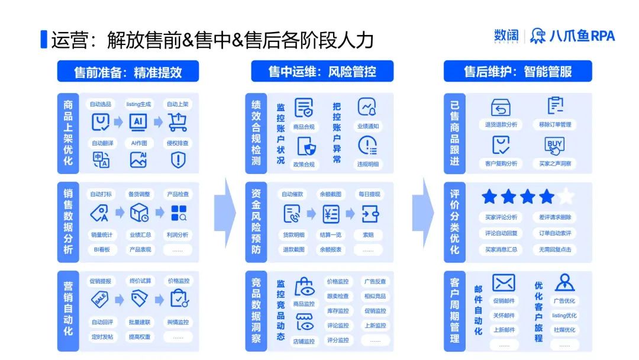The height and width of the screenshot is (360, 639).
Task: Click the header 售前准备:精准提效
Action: pos(128,72)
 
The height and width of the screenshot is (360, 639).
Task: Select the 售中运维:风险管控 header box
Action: pos(322,72)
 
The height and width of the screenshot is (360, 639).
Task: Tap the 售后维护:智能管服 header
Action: pos(518,72)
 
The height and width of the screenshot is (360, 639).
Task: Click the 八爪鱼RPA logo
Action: pos(572,36)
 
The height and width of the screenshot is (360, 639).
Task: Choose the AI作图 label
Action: pos(138,143)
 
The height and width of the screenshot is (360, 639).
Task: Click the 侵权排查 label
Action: pos(177,143)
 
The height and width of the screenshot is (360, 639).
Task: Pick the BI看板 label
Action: pos(102,249)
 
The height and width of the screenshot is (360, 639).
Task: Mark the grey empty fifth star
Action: pos(566,197)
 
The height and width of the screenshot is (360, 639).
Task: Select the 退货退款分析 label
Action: pos(501,124)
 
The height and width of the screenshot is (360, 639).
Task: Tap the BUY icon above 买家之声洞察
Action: pos(554,144)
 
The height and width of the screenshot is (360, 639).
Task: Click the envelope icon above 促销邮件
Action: pos(504,282)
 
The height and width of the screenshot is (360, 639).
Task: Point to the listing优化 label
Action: pos(564,316)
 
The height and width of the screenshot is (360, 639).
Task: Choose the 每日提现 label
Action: pos(369,194)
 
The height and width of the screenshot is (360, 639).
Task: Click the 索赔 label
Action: pos(369,234)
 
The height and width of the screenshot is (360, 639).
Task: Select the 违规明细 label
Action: pos(367,164)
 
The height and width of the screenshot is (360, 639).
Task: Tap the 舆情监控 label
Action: pos(178,322)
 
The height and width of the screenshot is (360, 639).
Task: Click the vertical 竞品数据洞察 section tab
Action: pos(256,310)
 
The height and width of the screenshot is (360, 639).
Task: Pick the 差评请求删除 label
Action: pos(554,217)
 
